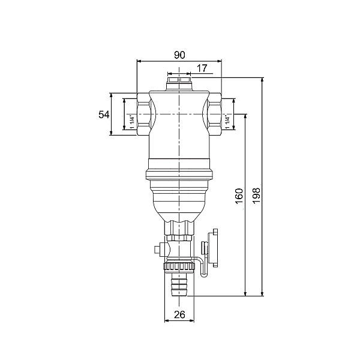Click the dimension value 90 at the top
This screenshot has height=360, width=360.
(179, 55)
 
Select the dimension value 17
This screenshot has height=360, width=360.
(202, 68)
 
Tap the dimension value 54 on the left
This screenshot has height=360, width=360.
(104, 115)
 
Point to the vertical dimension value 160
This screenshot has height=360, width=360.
(239, 196)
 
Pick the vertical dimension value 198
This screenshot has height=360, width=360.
(256, 195)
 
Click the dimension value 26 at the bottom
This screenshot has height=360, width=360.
(179, 315)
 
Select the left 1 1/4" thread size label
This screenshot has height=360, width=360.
(132, 122)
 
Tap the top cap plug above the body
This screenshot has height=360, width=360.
(179, 83)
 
